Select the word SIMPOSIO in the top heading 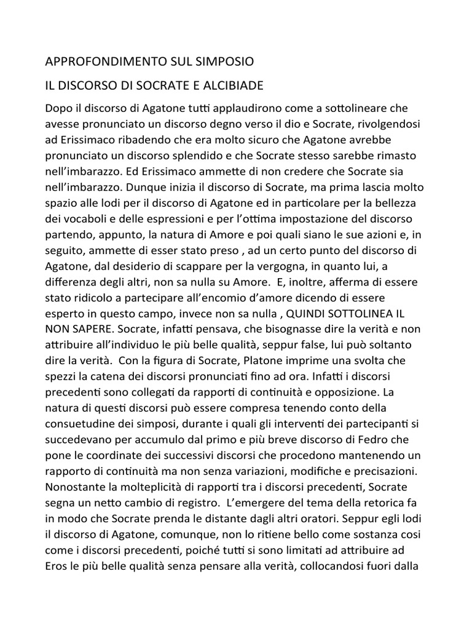(222, 62)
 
